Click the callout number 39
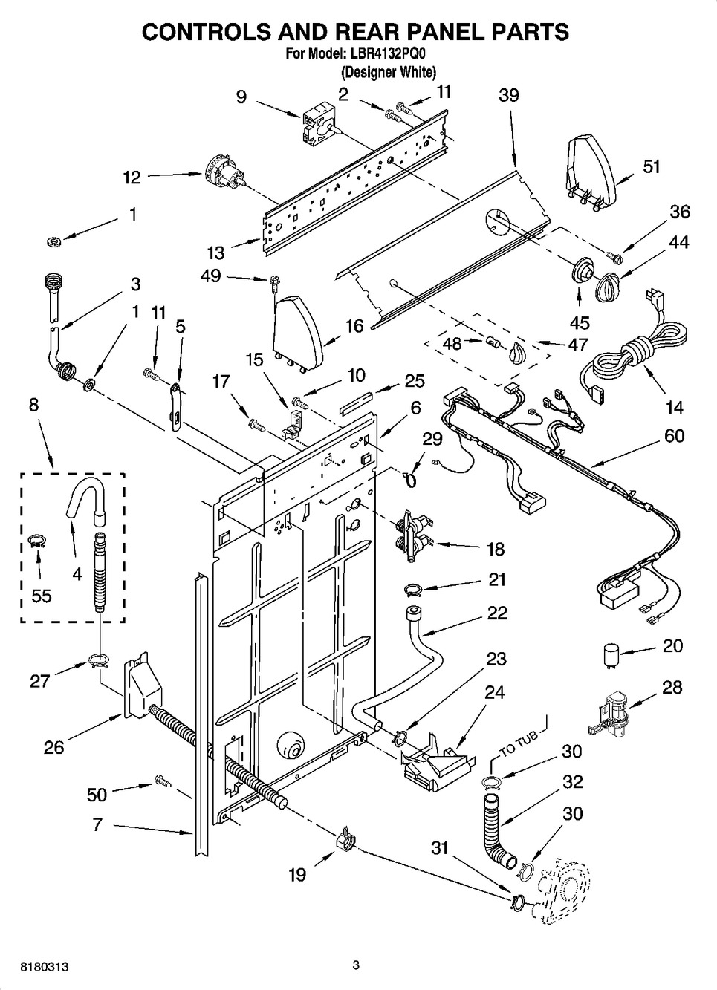508,96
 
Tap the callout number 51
651,167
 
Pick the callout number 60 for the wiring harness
674,436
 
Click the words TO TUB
519,744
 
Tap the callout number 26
53,747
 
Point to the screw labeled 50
163,781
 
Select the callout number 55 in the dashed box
42,596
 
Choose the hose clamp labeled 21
412,589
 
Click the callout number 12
132,178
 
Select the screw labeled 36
614,256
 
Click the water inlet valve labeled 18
413,535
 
